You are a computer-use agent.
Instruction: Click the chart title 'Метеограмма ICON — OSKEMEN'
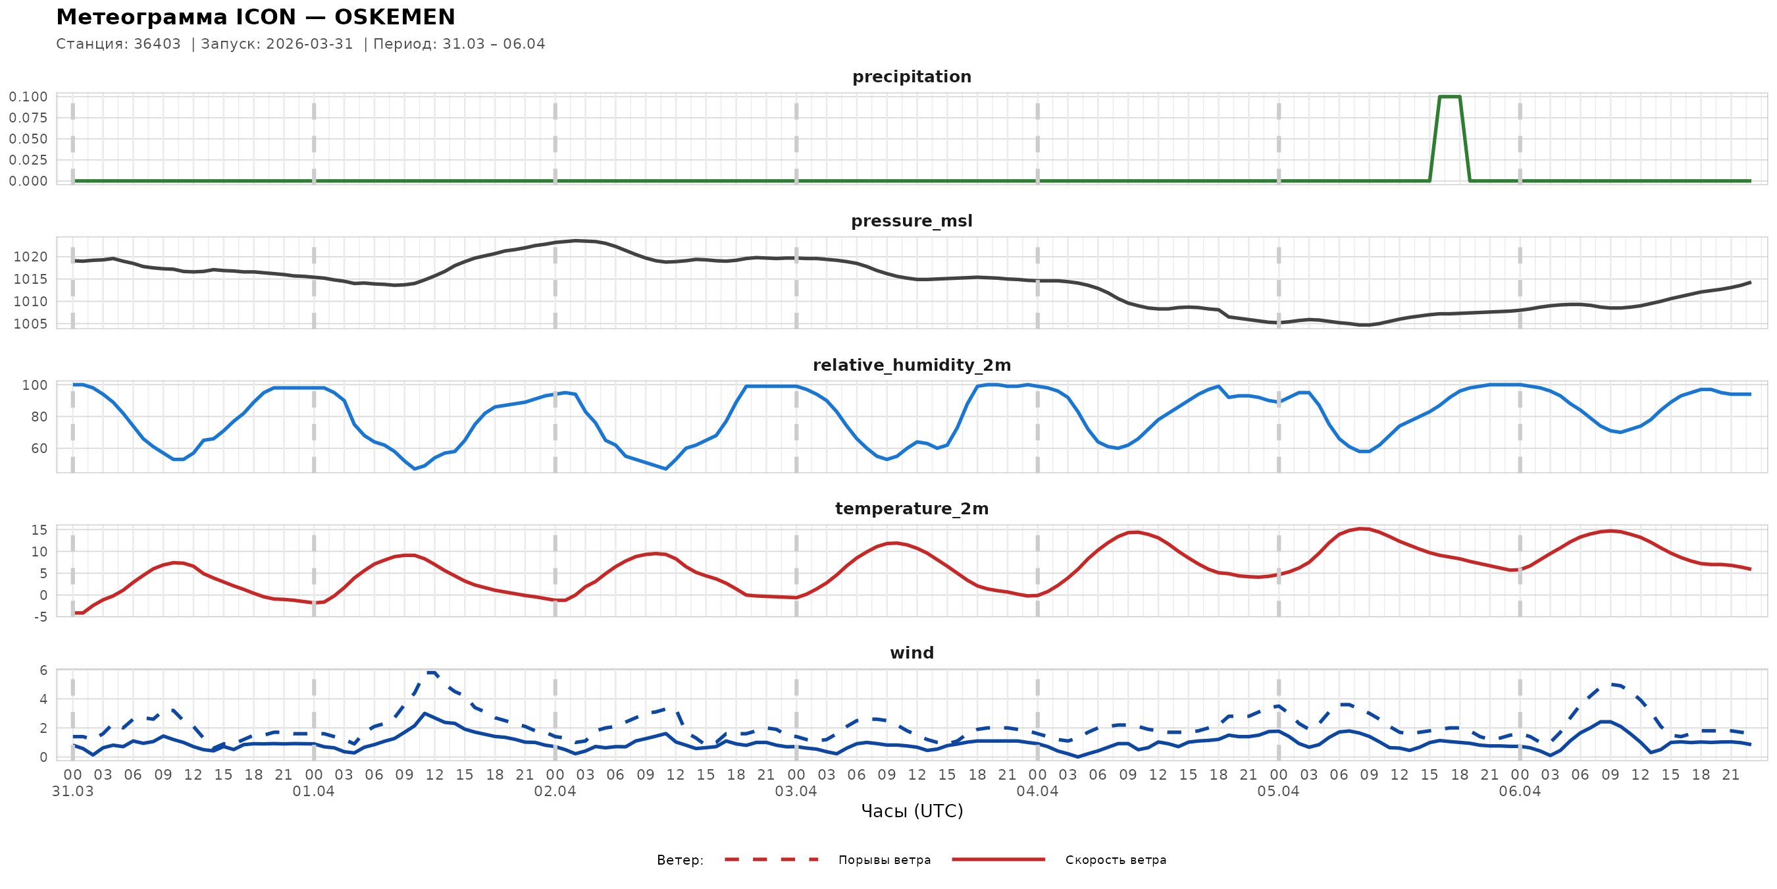[255, 17]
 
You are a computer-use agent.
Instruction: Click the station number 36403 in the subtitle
[157, 44]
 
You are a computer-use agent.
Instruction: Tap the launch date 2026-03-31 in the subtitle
[309, 44]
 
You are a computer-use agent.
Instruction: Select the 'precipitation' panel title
[912, 76]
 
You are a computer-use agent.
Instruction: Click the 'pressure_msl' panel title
[912, 221]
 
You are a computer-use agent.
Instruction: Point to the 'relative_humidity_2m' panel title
[912, 365]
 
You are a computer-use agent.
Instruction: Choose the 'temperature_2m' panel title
[912, 508]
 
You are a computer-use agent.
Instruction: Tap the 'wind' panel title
[912, 653]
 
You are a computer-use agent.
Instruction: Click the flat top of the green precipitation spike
[1449, 97]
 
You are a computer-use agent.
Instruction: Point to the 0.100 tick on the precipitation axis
[28, 97]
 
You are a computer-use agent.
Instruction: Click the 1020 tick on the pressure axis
[30, 257]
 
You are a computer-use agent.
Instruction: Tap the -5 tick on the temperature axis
[40, 617]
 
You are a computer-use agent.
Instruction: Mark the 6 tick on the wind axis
[43, 671]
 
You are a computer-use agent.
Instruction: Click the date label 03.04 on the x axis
[796, 792]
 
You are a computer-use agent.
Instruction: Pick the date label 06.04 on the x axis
[1519, 792]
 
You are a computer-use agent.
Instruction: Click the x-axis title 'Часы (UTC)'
[912, 811]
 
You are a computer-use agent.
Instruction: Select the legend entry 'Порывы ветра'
[885, 860]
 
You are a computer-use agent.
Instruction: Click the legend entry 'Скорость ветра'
[1116, 860]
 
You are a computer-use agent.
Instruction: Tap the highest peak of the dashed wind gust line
[431, 672]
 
